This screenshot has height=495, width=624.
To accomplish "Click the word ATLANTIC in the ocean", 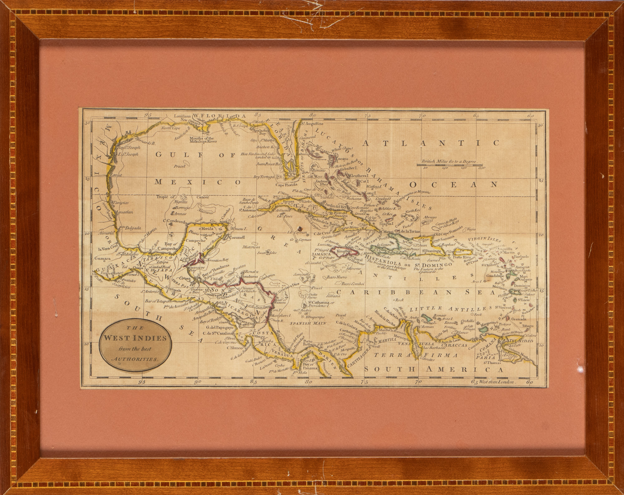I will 431,143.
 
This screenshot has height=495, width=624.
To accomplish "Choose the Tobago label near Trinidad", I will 528,326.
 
